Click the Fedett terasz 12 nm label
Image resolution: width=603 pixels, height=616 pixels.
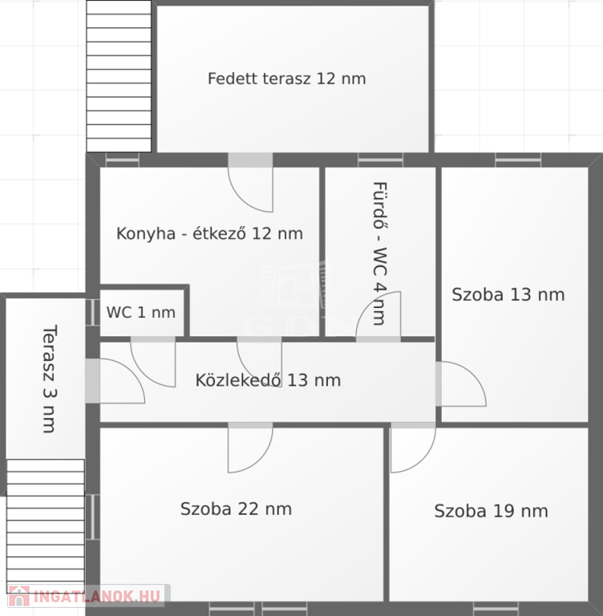287,79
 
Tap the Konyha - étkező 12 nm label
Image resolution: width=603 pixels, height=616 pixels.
210,233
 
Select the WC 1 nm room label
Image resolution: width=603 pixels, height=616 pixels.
141,312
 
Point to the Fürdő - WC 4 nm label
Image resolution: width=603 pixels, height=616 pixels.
380,253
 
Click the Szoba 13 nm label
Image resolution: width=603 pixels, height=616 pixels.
508,294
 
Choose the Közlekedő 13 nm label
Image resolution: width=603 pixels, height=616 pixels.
268,380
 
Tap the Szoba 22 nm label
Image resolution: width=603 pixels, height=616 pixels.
236,509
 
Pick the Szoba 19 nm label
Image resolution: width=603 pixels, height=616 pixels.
491,511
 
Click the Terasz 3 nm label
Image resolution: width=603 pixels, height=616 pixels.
50,379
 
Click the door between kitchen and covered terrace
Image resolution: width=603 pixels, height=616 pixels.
250,183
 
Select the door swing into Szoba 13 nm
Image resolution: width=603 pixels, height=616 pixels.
460,384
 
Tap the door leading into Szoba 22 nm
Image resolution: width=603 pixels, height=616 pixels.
250,448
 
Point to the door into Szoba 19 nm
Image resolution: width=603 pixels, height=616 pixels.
413,448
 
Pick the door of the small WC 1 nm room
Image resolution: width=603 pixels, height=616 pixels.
153,362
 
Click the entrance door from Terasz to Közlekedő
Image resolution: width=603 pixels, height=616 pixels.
115,381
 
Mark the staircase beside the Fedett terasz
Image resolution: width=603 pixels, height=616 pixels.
119,76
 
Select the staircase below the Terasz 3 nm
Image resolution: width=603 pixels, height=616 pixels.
46,526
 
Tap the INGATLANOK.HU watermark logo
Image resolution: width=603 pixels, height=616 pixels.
85,596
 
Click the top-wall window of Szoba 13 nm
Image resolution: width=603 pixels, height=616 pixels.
518,160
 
